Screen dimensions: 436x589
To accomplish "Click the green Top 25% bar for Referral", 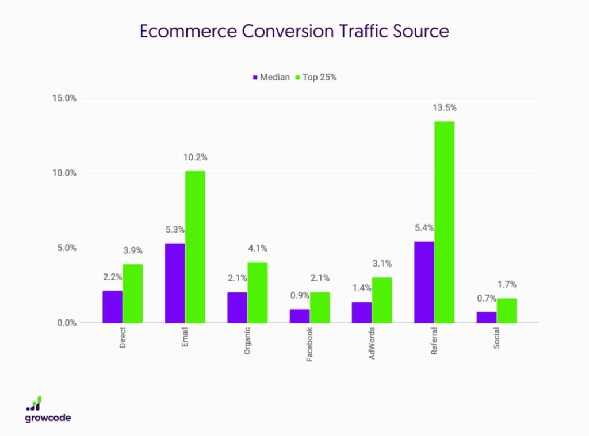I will [444, 222].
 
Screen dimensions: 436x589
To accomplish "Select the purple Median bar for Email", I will [175, 283].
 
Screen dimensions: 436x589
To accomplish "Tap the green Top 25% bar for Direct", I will [133, 294].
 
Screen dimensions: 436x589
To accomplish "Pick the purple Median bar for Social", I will [487, 317].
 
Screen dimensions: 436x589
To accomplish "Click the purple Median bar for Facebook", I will [300, 316].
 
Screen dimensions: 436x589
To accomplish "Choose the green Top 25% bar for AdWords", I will [382, 300].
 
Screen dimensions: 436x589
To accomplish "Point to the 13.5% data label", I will [445, 108].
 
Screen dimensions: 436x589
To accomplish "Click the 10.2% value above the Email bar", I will [196, 157].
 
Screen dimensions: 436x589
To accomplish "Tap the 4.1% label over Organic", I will [258, 249].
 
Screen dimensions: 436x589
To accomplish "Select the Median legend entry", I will [271, 77].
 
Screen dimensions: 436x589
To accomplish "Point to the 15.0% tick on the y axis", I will [64, 98].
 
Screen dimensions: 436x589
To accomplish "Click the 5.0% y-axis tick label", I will [66, 248].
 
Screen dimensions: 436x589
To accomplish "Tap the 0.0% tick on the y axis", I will [66, 323].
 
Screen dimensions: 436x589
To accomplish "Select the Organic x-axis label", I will [247, 342].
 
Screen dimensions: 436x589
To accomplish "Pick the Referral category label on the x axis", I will [434, 342].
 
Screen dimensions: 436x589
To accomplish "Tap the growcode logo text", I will [48, 418].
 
